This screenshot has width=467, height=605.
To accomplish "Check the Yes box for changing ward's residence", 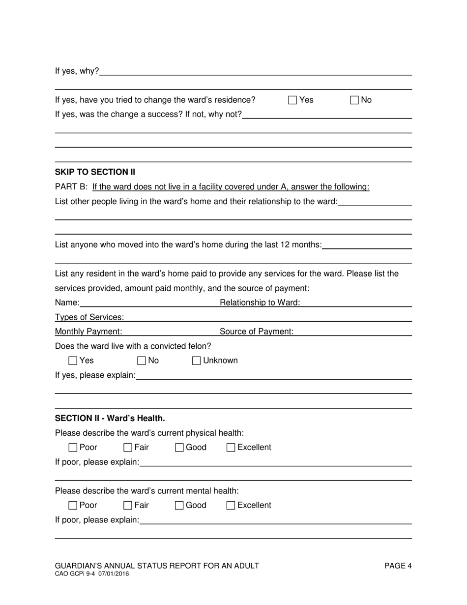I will (x=292, y=100).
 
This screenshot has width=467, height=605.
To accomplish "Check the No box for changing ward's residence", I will (x=354, y=100).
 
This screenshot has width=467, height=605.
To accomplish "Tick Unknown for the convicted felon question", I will (x=196, y=361).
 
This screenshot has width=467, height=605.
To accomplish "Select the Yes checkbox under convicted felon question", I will (x=73, y=361).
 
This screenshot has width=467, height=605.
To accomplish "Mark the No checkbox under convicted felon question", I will (x=142, y=361).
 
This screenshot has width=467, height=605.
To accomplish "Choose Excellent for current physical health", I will (x=231, y=448).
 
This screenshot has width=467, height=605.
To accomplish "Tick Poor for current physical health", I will (x=73, y=448).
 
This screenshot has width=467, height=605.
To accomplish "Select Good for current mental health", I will (x=179, y=506).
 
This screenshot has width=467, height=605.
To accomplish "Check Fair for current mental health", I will (x=128, y=506).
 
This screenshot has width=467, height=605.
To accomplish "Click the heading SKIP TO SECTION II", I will (x=95, y=172).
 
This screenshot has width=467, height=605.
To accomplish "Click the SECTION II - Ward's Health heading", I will (x=110, y=419).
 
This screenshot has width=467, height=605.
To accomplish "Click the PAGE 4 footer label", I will (x=398, y=566).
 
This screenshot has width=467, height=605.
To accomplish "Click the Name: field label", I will (x=67, y=303).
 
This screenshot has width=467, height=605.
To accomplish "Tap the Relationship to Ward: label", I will (x=260, y=303).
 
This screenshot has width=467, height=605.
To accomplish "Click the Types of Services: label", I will (x=89, y=317).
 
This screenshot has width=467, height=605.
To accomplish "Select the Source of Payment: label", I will (x=257, y=332).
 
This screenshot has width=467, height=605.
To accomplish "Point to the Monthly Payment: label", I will (x=88, y=332).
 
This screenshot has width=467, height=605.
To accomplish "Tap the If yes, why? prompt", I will (x=77, y=71).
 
